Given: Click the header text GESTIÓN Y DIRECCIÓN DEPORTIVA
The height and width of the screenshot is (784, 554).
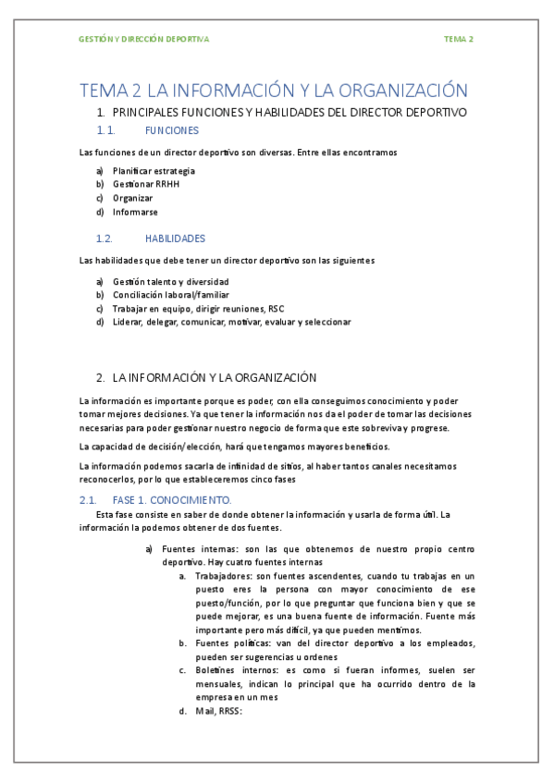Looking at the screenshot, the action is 144,39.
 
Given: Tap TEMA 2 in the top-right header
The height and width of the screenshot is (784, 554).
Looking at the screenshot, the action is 458,39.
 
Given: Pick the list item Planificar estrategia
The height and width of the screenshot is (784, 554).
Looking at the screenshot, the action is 154,171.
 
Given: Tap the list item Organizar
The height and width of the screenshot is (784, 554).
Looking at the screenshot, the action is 133,198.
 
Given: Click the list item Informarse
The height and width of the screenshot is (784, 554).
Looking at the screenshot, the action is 135,212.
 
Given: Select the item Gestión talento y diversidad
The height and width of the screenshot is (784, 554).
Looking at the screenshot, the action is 170,281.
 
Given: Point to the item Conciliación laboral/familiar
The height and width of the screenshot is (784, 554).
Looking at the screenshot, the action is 169,295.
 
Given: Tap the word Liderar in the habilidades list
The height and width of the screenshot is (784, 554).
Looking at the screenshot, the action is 129,322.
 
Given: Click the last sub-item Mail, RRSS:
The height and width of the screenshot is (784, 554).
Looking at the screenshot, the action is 218,711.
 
